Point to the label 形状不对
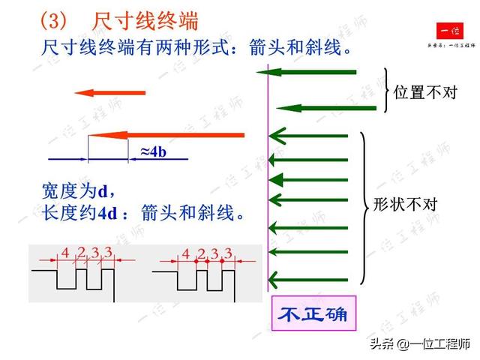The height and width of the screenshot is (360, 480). point(405,205)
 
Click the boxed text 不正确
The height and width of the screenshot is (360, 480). point(313,313)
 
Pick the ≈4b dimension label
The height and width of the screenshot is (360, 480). point(153,151)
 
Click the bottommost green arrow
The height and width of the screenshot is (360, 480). point(308,278)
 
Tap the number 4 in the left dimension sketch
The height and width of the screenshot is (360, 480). point(65,253)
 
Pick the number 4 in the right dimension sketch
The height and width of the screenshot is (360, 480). point(185,253)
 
